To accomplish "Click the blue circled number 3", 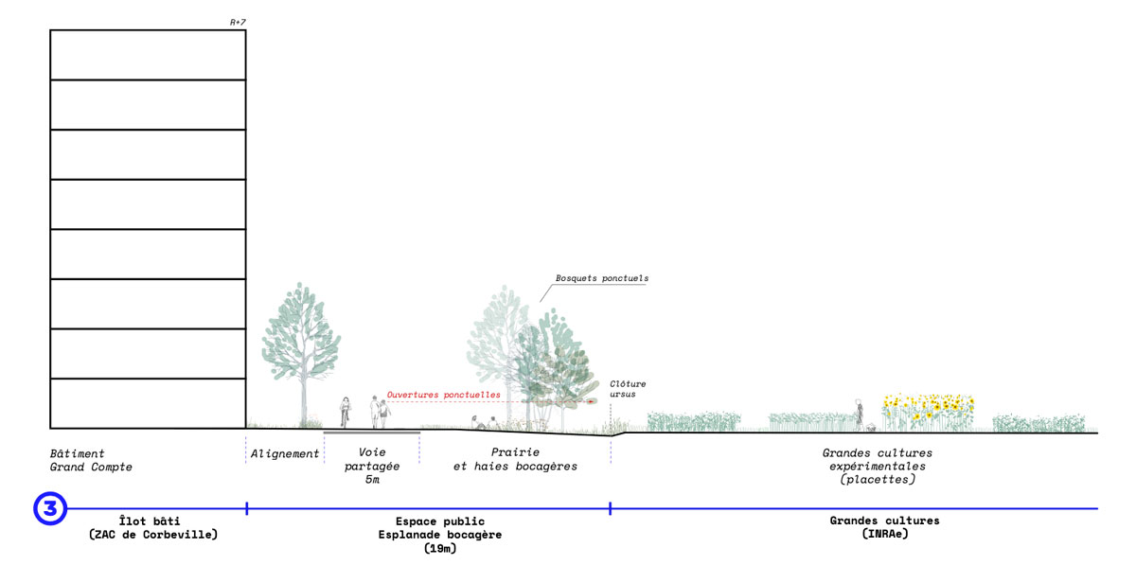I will click(x=50, y=508).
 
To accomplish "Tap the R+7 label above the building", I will click(x=238, y=22).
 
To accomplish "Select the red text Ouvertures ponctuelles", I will click(x=443, y=394).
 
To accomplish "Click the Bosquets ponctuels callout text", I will click(x=602, y=278).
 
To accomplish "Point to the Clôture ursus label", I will click(x=628, y=388).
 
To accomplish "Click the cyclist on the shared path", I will click(x=345, y=412).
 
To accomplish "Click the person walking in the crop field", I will click(x=859, y=412).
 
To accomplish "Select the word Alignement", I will click(x=285, y=454).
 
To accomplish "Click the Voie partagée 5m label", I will click(x=372, y=466).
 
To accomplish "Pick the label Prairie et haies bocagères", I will click(x=515, y=459).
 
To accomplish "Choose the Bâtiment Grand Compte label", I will click(x=91, y=460).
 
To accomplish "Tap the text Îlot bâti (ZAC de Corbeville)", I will click(x=153, y=527).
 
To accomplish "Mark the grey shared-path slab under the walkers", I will click(x=372, y=433).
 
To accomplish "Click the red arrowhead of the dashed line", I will click(x=594, y=401).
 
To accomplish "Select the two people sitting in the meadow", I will click(x=483, y=423).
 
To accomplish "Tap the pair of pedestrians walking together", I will click(x=379, y=412).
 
